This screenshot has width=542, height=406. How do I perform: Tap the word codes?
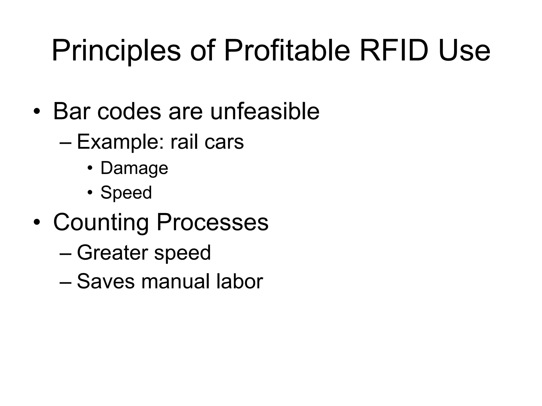(129, 111)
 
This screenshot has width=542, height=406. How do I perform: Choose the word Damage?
(134, 168)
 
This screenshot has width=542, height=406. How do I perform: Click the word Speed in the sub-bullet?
(126, 192)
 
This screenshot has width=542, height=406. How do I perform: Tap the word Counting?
(101, 222)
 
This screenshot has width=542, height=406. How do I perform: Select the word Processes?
(213, 222)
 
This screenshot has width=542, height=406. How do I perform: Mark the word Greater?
(112, 253)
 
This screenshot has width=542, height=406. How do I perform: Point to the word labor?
(240, 281)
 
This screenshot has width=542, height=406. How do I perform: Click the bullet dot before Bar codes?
(37, 111)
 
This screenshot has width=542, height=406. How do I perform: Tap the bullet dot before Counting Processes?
(37, 222)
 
